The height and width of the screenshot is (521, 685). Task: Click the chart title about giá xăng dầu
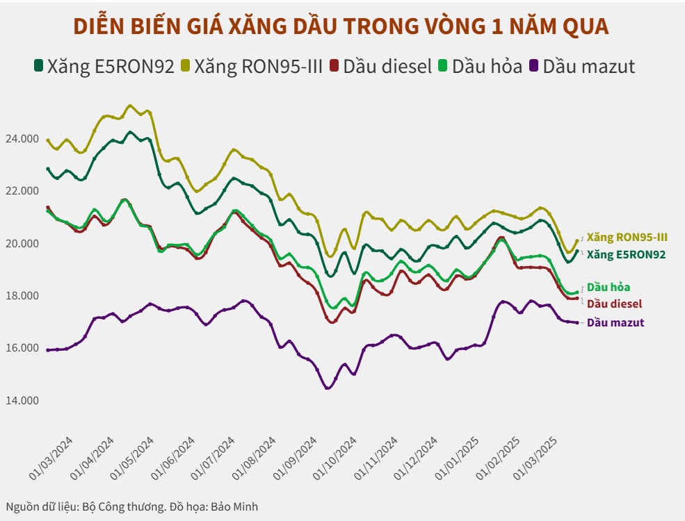pos(341,26)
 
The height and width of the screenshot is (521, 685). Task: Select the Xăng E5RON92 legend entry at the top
pos(104,67)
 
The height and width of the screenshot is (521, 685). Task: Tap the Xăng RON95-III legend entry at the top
pos(250,67)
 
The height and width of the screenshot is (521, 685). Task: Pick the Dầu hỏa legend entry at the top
pos(480,67)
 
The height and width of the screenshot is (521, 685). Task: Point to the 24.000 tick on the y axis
pos(22,139)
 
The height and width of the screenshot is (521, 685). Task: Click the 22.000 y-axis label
pos(22,191)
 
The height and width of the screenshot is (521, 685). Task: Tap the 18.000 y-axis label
pos(22,296)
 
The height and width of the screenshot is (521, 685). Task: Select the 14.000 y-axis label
pos(22,401)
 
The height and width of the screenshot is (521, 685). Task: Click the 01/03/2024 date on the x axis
pos(51,458)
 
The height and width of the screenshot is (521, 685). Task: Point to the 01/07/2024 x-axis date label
pos(213,458)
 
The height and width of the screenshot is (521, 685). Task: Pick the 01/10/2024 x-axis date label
pos(335,458)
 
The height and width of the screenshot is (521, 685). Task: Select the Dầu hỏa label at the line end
pos(609,287)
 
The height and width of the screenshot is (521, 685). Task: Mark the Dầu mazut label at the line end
pos(615,322)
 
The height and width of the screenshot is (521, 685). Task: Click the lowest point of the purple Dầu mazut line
pos(327,388)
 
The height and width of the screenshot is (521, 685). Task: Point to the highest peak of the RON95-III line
pos(130,106)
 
